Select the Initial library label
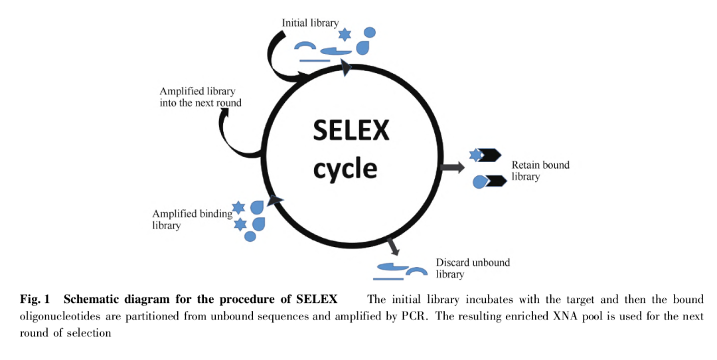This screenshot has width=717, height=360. click(310, 23)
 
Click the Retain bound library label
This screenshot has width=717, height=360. click(540, 171)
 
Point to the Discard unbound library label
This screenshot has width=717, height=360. click(472, 268)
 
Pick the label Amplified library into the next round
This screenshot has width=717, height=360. click(200, 97)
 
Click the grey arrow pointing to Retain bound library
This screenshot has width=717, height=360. click(453, 167)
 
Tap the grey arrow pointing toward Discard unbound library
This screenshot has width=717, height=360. click(392, 246)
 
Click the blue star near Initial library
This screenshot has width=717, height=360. click(344, 34)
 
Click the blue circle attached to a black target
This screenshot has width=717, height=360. click(479, 181)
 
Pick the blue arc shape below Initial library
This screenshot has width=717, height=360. click(306, 46)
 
